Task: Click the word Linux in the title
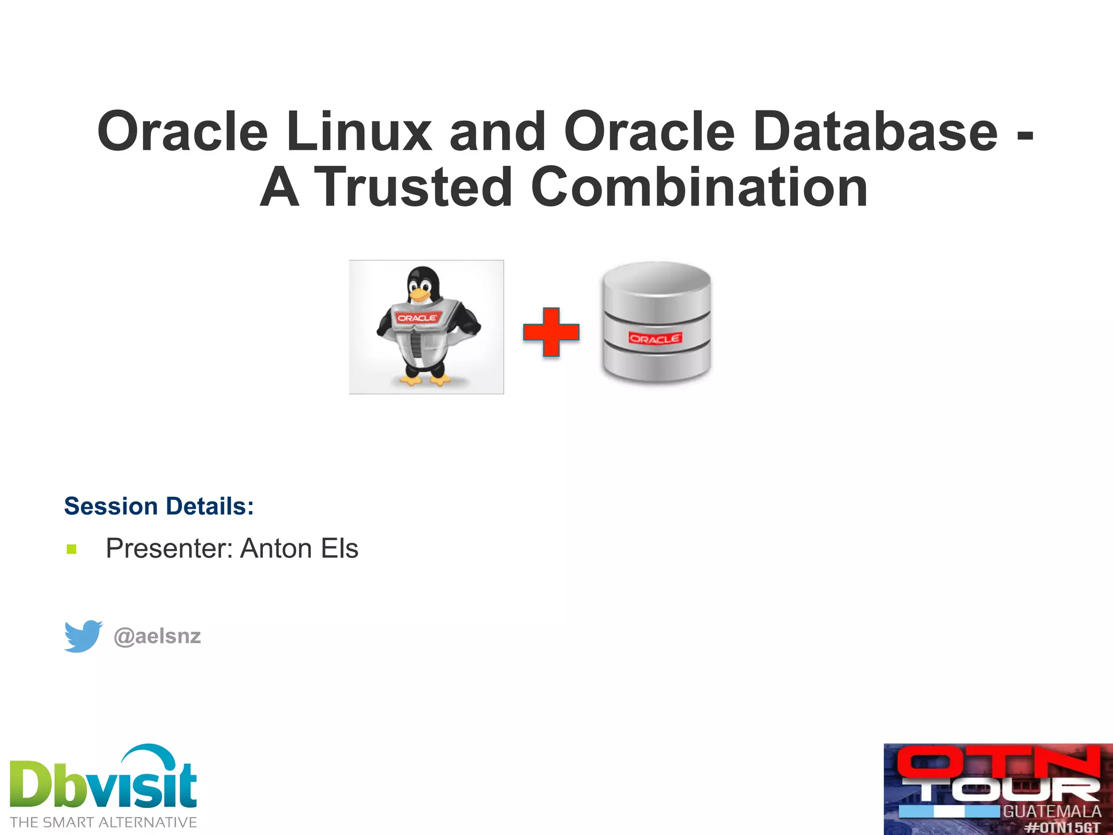pyautogui.click(x=359, y=132)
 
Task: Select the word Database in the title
pyautogui.click(x=876, y=132)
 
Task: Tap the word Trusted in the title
pyautogui.click(x=413, y=188)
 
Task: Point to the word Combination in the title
pyautogui.click(x=699, y=188)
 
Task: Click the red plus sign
pyautogui.click(x=551, y=332)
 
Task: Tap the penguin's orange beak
pyautogui.click(x=420, y=295)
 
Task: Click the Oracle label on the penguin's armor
pyautogui.click(x=417, y=318)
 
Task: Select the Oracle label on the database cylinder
pyautogui.click(x=655, y=339)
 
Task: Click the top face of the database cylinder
pyautogui.click(x=656, y=283)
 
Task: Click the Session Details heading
pyautogui.click(x=159, y=506)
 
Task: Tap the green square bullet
pyautogui.click(x=72, y=549)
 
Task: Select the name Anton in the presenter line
pyautogui.click(x=276, y=549)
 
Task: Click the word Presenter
pyautogui.click(x=169, y=549)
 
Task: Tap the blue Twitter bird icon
pyautogui.click(x=83, y=635)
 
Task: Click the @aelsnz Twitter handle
pyautogui.click(x=157, y=636)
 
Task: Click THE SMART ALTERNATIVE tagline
pyautogui.click(x=103, y=822)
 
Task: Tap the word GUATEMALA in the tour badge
pyautogui.click(x=1052, y=812)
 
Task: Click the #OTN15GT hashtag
pyautogui.click(x=1062, y=827)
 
